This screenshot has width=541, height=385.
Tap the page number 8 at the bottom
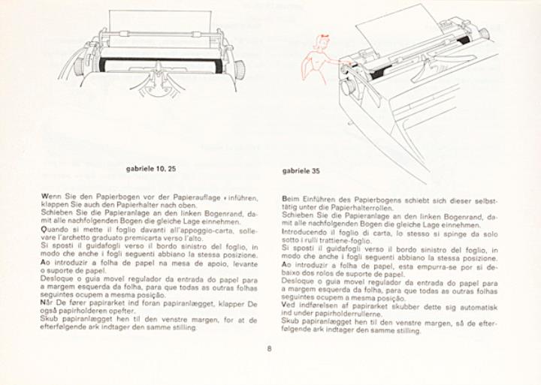pyautogui.click(x=269, y=347)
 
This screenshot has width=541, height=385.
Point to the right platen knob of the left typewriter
pyautogui.click(x=239, y=70)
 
